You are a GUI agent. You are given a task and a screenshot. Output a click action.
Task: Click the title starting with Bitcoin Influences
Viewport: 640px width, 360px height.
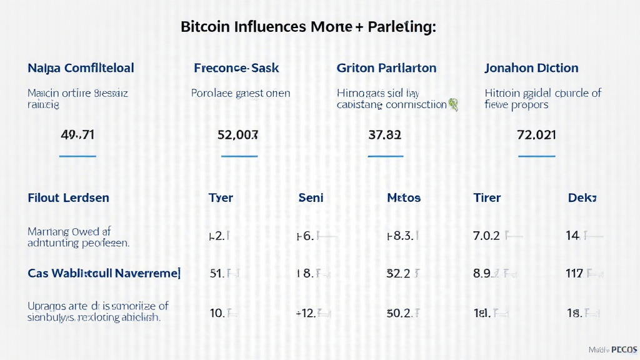click(308, 27)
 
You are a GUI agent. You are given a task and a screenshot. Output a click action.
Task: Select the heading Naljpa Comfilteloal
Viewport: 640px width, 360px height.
click(81, 67)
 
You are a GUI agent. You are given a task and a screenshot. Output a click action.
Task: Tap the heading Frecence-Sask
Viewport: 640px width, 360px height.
click(237, 67)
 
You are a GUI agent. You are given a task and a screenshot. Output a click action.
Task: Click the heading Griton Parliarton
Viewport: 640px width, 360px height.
click(386, 67)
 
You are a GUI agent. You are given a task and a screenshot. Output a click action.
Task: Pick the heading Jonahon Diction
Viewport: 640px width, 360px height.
click(531, 67)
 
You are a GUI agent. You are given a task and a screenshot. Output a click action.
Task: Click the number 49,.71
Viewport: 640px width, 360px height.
click(78, 134)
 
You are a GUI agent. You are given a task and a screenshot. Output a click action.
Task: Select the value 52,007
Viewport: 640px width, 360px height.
click(237, 134)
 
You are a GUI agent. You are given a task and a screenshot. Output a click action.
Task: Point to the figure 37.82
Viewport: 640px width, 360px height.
click(385, 134)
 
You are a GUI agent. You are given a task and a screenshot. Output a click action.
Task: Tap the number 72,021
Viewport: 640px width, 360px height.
click(536, 134)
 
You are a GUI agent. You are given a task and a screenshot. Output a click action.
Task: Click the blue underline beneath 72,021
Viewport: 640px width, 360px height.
click(536, 156)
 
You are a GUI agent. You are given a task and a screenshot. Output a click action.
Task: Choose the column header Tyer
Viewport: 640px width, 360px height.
click(221, 197)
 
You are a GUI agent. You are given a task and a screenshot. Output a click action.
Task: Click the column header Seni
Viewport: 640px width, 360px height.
click(311, 197)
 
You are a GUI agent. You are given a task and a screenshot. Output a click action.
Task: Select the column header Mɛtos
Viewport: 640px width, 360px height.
click(404, 197)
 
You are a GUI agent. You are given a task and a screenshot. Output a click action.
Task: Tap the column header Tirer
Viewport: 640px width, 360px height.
click(487, 197)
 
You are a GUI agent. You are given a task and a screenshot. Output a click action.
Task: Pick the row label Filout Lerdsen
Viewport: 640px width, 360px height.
click(69, 197)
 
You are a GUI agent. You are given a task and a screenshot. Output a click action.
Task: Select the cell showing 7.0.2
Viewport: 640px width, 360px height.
click(486, 236)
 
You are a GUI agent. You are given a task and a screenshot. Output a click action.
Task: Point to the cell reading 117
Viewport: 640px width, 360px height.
click(574, 273)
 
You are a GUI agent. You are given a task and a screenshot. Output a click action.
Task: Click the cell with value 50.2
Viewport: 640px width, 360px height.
click(399, 312)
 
